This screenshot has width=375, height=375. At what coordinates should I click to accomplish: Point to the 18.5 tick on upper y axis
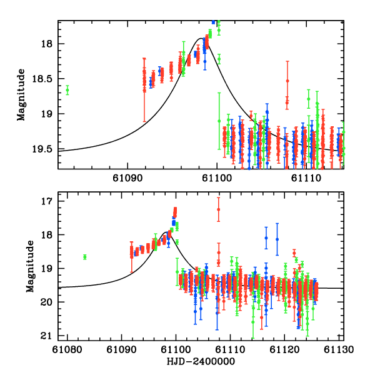pos(48,79)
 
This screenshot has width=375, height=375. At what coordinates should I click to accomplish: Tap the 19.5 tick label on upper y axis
pos(48,149)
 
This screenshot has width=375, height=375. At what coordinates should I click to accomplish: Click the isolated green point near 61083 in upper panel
pos(67,90)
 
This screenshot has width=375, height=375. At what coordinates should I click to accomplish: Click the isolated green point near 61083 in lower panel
pos(85,257)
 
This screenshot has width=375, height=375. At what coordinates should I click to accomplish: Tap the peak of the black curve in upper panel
pos(202,38)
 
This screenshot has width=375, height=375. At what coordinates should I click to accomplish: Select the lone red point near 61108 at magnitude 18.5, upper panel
pos(287,81)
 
